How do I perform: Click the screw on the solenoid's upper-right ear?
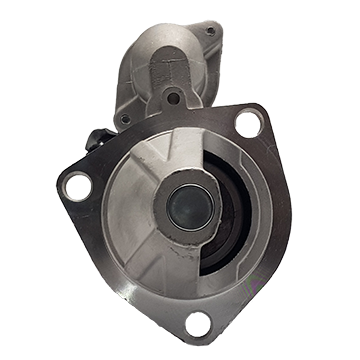coord(210,32)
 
